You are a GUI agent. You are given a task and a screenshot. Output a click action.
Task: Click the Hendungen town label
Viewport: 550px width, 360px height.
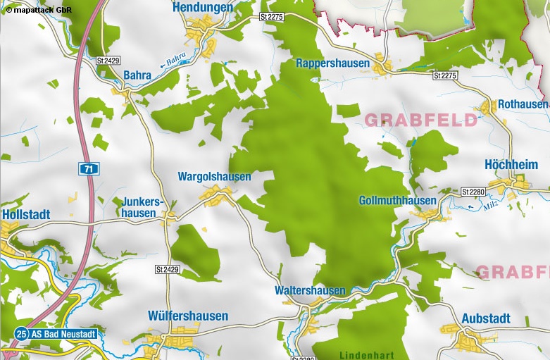click(203, 7)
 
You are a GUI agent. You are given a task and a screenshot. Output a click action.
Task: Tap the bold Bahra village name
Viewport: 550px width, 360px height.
click(137, 75)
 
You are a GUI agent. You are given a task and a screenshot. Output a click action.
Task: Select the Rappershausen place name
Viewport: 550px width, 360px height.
click(332, 63)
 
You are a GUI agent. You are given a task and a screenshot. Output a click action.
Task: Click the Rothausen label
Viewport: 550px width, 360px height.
click(523, 104)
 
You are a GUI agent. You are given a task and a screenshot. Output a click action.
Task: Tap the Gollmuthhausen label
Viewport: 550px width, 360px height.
click(397, 201)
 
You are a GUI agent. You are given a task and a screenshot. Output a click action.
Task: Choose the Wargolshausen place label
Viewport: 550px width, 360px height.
click(214, 177)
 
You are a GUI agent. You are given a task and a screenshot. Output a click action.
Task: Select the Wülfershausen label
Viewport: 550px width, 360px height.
click(188, 316)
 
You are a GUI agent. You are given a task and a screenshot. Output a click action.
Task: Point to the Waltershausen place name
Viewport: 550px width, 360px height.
click(310, 291)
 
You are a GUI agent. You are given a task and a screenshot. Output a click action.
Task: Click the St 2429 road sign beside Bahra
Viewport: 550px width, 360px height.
click(107, 61)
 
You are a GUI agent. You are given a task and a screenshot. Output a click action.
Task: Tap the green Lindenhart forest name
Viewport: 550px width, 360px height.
click(366, 354)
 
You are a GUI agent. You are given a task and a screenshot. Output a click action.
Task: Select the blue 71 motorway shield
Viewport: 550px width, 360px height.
click(87, 168)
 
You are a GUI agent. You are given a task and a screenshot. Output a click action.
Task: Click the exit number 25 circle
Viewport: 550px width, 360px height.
click(22, 333)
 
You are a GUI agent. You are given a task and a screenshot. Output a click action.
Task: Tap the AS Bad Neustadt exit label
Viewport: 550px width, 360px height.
click(62, 333)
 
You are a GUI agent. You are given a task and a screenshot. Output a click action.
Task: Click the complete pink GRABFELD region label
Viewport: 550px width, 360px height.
click(420, 120)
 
